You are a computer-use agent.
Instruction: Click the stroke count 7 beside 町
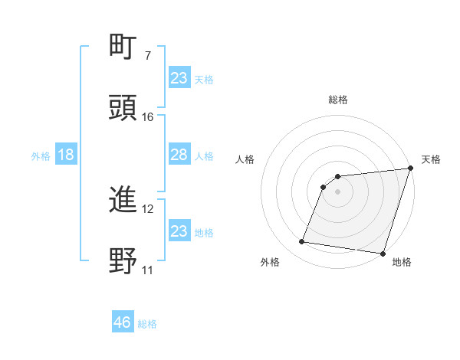click(x=148, y=56)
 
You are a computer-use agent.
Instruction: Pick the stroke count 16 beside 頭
click(x=148, y=116)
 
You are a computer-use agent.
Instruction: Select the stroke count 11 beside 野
click(x=148, y=270)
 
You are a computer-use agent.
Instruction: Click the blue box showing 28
click(x=179, y=155)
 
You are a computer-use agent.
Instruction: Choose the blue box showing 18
click(x=66, y=155)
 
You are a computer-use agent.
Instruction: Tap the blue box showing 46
click(x=123, y=322)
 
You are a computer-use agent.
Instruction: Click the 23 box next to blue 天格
click(x=179, y=78)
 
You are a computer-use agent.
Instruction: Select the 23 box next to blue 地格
click(x=179, y=231)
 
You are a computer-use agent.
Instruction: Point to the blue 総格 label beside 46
click(x=147, y=324)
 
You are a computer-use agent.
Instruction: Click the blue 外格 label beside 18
click(x=41, y=155)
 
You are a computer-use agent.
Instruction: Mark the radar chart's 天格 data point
click(x=410, y=169)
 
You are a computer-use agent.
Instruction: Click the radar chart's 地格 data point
click(x=383, y=253)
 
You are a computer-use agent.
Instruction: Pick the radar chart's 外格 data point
click(x=302, y=242)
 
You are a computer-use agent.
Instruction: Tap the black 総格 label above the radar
click(x=338, y=100)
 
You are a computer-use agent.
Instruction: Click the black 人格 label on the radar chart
click(x=246, y=159)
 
